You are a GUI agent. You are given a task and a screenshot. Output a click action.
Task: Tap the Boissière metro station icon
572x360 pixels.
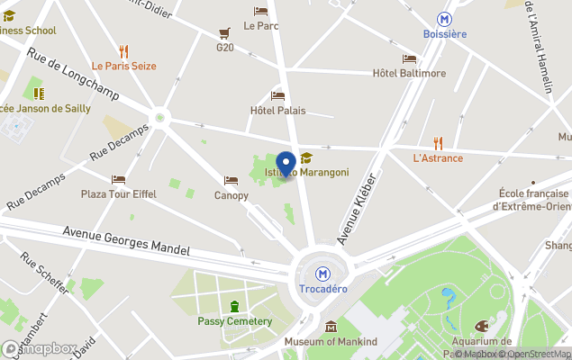(x=444, y=18)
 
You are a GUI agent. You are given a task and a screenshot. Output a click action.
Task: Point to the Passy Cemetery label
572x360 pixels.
(x=234, y=321)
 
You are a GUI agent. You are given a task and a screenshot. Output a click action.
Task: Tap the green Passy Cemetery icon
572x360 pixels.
(x=235, y=306)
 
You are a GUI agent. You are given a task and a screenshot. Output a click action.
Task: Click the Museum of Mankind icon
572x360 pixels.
(x=331, y=326)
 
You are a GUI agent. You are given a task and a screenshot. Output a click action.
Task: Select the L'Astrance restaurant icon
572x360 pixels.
(x=438, y=142)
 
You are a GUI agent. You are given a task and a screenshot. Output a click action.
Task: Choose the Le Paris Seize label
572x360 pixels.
(x=123, y=66)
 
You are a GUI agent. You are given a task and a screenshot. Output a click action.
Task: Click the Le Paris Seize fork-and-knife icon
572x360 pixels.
(x=123, y=51)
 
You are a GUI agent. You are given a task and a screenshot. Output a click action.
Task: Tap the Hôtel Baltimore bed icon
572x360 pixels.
(x=410, y=58)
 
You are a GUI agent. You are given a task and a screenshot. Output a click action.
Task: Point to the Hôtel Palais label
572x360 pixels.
(x=277, y=111)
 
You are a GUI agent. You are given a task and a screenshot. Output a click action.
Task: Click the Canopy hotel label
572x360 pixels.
(x=231, y=195)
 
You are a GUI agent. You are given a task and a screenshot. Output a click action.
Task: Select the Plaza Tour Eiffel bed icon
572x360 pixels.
(x=118, y=179)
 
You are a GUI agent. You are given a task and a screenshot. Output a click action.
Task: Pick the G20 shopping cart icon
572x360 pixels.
(x=223, y=32)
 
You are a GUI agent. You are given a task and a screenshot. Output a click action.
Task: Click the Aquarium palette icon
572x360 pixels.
(x=480, y=326)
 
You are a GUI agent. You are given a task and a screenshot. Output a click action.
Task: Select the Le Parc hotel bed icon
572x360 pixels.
(x=260, y=12)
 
